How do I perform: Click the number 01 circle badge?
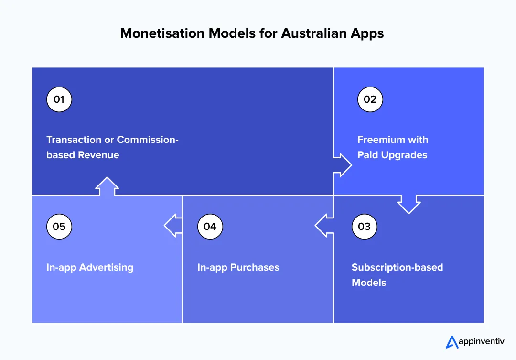pos(59,99)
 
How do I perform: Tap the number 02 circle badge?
pos(370,99)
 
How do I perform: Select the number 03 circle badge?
pos(364,226)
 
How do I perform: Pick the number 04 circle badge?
pos(210,226)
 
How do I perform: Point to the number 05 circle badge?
pos(59,226)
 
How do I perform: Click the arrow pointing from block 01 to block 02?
pos(343,165)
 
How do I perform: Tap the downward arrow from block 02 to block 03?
pos(409,204)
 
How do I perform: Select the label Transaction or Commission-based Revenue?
pos(112,147)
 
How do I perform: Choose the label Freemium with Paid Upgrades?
pos(393,147)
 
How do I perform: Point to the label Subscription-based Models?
pos(397,274)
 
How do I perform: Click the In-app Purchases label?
pos(238,267)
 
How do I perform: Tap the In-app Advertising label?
pos(90,267)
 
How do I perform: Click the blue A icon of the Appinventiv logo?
pos(451,342)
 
